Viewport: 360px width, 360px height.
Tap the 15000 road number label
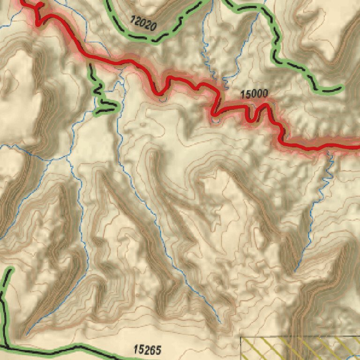[x=254, y=94]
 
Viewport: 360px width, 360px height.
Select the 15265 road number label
[x=147, y=349]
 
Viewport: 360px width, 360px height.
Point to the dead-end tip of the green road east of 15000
[x=341, y=87]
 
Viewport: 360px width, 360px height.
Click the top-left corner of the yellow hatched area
[x=241, y=337]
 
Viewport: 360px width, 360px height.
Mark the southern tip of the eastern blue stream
[x=295, y=271]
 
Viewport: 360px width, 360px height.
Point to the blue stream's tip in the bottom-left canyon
[x=27, y=334]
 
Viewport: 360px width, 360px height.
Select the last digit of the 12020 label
[x=153, y=27]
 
